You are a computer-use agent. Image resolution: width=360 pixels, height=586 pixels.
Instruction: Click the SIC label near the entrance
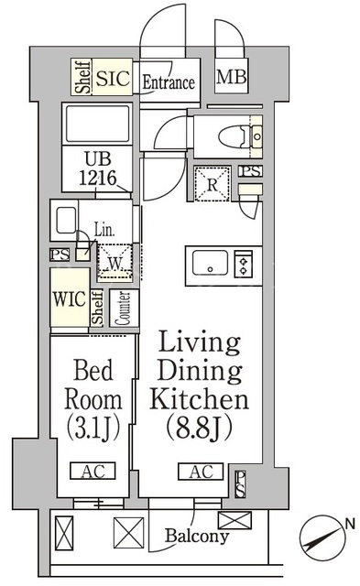pyautogui.click(x=113, y=78)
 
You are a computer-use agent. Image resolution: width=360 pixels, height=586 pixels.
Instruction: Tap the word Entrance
pyautogui.click(x=169, y=82)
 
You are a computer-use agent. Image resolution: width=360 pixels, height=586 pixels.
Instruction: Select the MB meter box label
pyautogui.click(x=232, y=77)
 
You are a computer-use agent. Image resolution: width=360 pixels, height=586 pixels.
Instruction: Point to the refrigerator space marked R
pyautogui.click(x=212, y=184)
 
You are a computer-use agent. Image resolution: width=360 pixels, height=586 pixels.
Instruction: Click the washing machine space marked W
pyautogui.click(x=115, y=263)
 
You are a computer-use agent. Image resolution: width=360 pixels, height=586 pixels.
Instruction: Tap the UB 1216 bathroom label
pyautogui.click(x=98, y=168)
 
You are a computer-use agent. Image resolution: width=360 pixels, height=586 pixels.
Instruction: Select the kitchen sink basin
pyautogui.click(x=210, y=263)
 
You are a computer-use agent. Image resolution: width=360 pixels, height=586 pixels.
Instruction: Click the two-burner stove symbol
pyautogui.click(x=244, y=264)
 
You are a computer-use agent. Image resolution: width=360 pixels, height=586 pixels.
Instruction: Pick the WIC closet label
pyautogui.click(x=70, y=298)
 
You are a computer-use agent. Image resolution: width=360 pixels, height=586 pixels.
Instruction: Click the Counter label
pyautogui.click(x=124, y=309)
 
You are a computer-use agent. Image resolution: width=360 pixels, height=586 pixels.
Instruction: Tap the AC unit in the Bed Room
pyautogui.click(x=93, y=471)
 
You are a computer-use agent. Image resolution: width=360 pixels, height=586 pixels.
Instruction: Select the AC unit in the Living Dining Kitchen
pyautogui.click(x=201, y=472)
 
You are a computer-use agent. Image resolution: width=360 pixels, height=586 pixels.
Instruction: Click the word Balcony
pyautogui.click(x=197, y=536)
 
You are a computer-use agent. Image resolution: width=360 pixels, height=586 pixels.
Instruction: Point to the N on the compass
pyautogui.click(x=350, y=524)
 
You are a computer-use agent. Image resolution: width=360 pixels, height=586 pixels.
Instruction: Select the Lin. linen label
pyautogui.click(x=104, y=230)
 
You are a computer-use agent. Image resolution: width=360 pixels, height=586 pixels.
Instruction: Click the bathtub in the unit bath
pyautogui.click(x=97, y=125)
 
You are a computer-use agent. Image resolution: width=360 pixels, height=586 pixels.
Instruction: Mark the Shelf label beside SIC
pyautogui.click(x=82, y=77)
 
